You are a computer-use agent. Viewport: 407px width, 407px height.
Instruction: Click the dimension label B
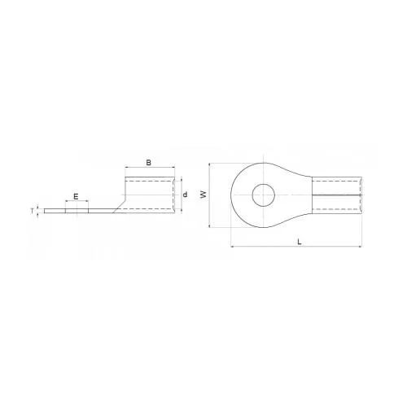pos(149,163)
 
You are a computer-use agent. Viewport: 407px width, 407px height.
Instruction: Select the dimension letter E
pos(76,196)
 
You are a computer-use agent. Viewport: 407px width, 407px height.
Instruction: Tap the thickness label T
pos(33,211)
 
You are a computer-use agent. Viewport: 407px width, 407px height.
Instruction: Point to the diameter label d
pos(185,195)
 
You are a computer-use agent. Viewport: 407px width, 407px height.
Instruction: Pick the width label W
pos(203,195)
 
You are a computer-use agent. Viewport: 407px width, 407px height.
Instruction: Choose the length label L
pos(300,242)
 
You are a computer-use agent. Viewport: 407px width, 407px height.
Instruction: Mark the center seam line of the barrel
pos(337,195)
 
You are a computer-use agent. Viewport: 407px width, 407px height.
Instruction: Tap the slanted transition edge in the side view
pos(119,207)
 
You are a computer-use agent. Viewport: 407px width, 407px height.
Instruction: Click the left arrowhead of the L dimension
pos(232,247)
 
